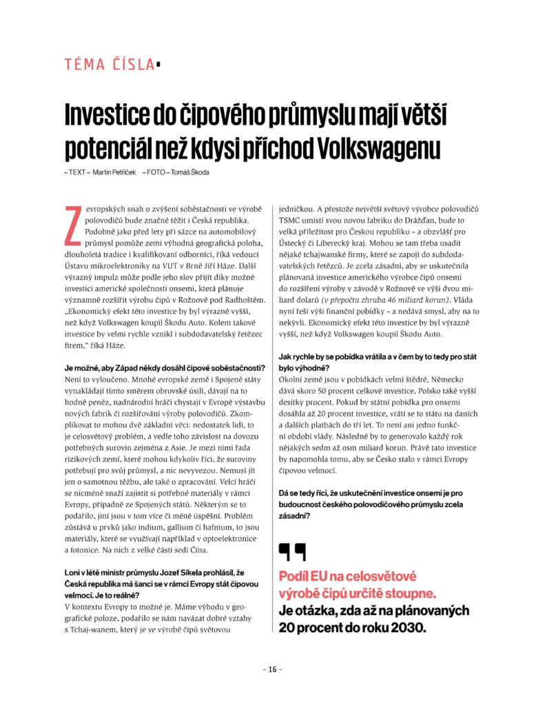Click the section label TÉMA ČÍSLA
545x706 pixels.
tap(110, 65)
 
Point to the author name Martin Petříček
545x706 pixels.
tap(111, 172)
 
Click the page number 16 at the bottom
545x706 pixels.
tap(272, 669)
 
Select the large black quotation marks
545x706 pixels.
tap(293, 552)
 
